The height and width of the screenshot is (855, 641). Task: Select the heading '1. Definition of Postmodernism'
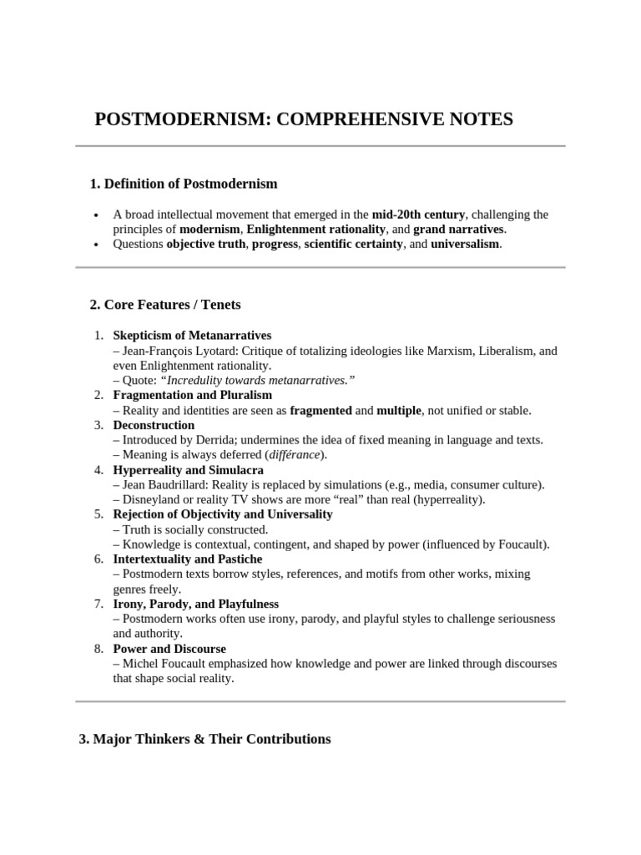tap(184, 183)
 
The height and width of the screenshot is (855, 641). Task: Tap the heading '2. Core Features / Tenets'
tap(165, 305)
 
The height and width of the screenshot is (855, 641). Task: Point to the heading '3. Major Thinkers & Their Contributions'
tap(204, 739)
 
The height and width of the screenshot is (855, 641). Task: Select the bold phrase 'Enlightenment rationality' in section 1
tap(316, 229)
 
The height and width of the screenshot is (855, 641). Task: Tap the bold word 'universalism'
tap(464, 244)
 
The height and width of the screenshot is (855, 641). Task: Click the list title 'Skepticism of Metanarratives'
tap(192, 336)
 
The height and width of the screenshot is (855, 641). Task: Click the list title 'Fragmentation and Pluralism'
tap(192, 395)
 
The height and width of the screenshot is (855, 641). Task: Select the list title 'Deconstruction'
tap(154, 425)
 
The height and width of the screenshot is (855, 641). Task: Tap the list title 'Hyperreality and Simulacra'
tap(188, 470)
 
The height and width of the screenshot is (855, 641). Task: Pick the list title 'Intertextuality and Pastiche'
tap(187, 559)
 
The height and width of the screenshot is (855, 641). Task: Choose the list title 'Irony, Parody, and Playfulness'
tap(195, 604)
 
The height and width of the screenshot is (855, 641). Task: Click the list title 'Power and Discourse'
tap(169, 649)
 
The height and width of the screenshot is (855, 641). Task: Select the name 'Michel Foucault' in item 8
tap(162, 663)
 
